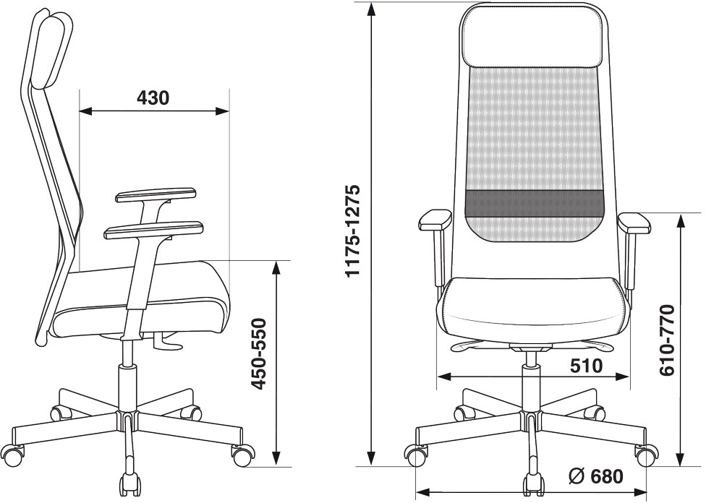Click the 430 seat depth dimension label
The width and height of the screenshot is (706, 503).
pyautogui.click(x=153, y=98)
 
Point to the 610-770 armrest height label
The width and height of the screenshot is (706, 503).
pyautogui.click(x=666, y=340)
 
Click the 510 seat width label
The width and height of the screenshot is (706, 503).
pyautogui.click(x=586, y=366)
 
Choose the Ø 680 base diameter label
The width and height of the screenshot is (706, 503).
pyautogui.click(x=596, y=476)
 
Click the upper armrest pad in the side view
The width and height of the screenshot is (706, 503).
pyautogui.click(x=156, y=196)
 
